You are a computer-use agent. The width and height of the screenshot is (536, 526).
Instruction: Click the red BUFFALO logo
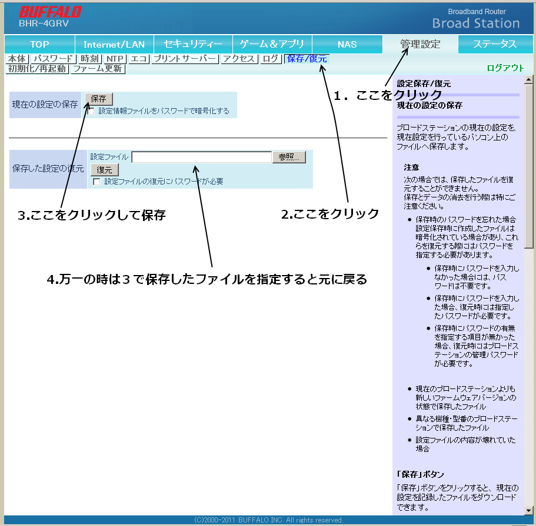click(50, 12)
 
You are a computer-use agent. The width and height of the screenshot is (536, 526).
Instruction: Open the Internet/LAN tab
click(114, 45)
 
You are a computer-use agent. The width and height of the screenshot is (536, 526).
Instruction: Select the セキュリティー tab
click(193, 45)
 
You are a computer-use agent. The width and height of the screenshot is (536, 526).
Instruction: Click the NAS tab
click(347, 45)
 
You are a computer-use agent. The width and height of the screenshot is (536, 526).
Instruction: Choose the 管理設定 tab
click(420, 45)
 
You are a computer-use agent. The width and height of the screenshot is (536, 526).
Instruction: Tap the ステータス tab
click(495, 45)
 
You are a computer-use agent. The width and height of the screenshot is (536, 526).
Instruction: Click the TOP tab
click(39, 45)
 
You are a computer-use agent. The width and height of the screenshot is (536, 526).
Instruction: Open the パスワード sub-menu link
click(53, 59)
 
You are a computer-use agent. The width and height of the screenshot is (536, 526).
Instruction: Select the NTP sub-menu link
click(115, 59)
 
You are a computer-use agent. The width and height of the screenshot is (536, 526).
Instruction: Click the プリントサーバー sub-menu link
click(185, 59)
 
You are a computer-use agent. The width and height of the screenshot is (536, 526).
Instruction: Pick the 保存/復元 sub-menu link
click(307, 59)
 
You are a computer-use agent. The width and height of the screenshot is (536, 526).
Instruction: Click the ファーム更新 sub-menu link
click(98, 69)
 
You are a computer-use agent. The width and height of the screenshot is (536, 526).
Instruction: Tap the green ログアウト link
click(505, 68)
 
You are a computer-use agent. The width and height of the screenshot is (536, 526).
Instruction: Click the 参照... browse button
click(289, 157)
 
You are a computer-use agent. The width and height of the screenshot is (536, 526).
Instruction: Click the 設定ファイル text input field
click(202, 157)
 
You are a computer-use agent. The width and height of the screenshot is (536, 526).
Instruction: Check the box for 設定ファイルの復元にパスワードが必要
click(96, 182)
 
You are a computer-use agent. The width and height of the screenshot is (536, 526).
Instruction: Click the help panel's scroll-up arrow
click(528, 80)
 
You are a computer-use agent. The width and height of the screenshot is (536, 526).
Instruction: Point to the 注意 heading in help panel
click(411, 167)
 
